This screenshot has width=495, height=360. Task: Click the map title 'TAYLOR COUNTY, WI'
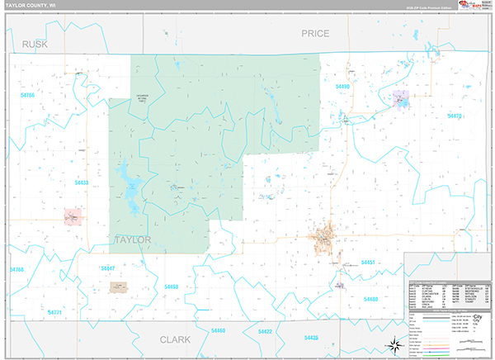click(30, 6)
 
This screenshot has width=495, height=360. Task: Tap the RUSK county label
click(35, 44)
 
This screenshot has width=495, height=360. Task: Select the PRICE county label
click(315, 34)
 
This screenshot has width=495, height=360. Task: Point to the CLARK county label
click(174, 339)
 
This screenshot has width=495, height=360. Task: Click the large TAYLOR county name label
click(131, 239)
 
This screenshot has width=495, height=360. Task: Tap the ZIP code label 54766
click(28, 96)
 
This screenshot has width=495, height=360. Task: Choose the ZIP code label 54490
click(342, 86)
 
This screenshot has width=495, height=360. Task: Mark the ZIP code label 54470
click(454, 116)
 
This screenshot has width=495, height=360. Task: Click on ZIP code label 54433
click(82, 182)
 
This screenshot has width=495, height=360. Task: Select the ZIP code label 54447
click(107, 268)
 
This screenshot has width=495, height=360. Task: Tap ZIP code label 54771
click(54, 313)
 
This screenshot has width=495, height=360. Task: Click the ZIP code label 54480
click(370, 298)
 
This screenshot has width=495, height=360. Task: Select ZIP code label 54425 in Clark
click(311, 337)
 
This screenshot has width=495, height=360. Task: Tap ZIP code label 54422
click(265, 331)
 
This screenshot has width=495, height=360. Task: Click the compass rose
click(394, 344)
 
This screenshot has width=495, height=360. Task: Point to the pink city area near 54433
click(73, 216)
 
